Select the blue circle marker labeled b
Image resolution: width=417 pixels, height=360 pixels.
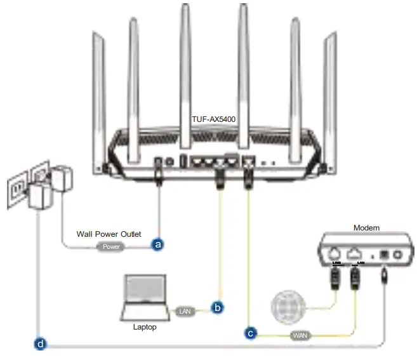218,308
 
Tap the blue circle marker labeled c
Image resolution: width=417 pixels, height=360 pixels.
251,332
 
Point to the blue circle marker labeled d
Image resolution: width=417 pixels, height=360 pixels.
40,345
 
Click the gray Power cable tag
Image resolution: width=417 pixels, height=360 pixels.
111,246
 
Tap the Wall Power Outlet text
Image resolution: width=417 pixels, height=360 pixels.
109,234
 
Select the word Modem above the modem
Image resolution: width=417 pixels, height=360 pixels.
366,227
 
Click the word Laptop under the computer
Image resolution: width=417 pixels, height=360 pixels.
144,328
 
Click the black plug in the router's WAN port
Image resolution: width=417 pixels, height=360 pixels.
248,180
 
